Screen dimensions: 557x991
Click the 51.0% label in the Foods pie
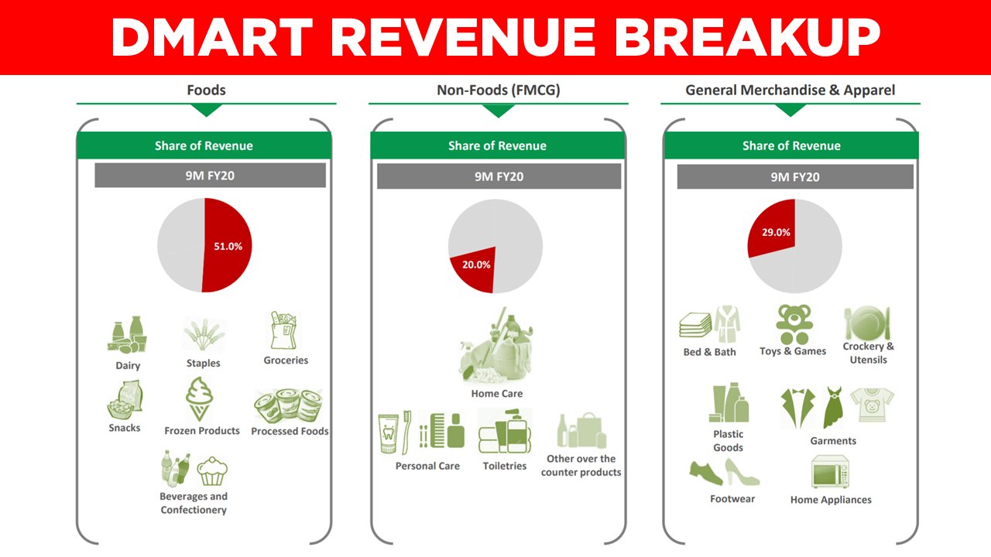pos(228,246)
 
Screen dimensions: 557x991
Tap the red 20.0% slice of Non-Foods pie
pos(474,271)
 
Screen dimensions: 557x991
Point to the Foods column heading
pos(206,90)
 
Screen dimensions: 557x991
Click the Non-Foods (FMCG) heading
pos(498,90)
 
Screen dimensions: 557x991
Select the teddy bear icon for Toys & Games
pos(792,323)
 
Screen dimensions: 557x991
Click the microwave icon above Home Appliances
pos(830,472)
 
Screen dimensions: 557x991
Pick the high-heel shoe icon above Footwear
pos(742,473)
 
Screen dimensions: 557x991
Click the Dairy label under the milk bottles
pos(128,365)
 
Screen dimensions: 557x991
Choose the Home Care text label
pos(496,394)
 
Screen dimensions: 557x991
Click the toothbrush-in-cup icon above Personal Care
pos(395,433)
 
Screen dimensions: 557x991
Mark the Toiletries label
pos(504,466)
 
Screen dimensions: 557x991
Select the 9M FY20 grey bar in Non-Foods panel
pos(499,176)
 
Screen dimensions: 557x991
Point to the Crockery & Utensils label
pos(868,353)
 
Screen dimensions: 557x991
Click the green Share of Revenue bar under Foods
pos(204,145)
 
